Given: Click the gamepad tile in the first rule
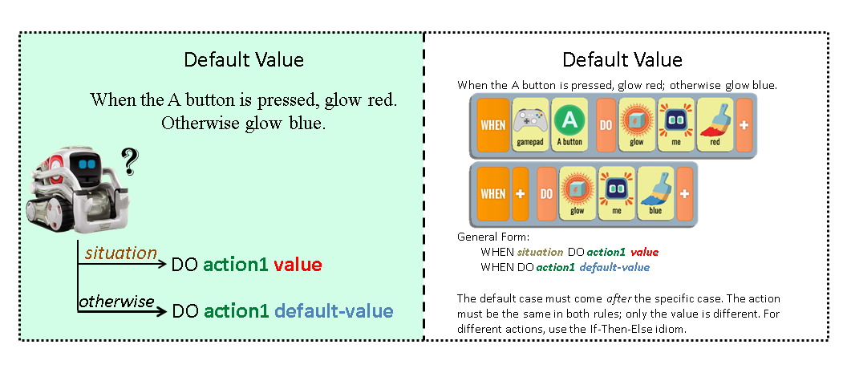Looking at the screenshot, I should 529,124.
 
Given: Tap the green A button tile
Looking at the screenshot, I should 569,124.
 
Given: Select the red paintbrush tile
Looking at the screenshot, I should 714,124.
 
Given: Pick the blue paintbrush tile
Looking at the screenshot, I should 654,193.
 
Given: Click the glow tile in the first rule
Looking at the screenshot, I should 638,124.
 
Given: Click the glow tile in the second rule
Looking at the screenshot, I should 577,193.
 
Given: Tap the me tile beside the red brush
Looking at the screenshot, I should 675,124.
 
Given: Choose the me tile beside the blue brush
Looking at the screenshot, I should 616,193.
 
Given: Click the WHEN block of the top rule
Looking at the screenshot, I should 492,124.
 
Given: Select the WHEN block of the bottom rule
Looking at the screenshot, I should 492,193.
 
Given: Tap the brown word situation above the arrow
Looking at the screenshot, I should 120,253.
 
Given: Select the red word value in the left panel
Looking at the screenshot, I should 298,265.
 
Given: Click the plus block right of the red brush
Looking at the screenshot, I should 744,124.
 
